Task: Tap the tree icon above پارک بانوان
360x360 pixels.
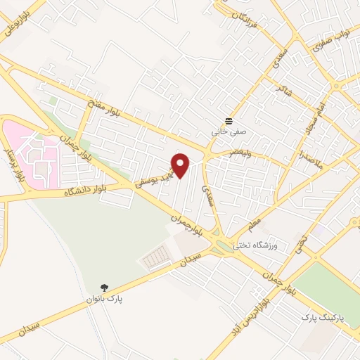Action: (x=105, y=287)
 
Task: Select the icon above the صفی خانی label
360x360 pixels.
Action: (x=228, y=120)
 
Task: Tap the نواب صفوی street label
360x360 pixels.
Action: (x=330, y=43)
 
